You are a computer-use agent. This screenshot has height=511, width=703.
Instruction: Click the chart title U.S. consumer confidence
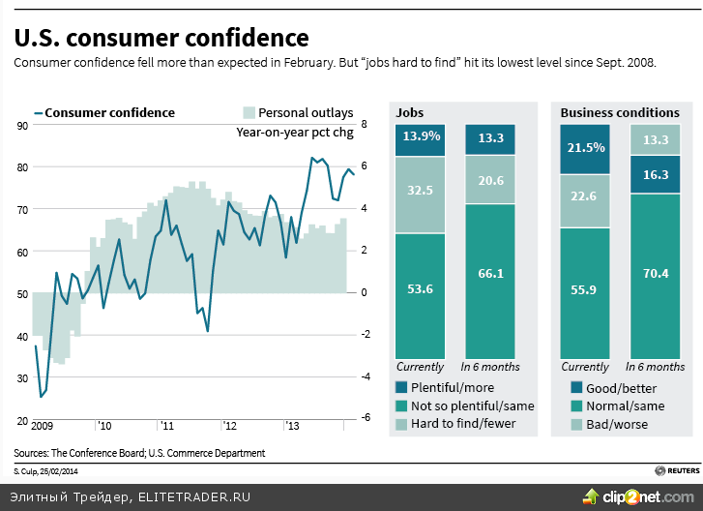tap(161, 38)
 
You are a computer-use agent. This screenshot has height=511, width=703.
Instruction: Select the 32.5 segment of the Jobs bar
tap(421, 194)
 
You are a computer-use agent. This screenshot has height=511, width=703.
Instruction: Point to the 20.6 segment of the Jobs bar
tap(490, 180)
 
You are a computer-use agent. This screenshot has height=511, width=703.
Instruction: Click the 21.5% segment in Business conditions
tap(585, 148)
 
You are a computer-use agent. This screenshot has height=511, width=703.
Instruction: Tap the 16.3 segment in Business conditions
tap(655, 175)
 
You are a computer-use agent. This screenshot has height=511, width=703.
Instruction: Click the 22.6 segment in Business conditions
tap(585, 200)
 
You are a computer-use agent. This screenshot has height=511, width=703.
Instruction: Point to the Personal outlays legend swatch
tap(248, 113)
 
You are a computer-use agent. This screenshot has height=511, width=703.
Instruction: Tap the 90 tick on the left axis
tap(21, 126)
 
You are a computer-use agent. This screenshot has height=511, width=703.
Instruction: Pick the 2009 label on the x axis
tap(42, 426)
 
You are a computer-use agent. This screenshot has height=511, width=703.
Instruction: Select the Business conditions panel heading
tap(620, 113)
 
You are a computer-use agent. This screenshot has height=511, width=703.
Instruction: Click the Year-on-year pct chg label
tap(295, 133)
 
